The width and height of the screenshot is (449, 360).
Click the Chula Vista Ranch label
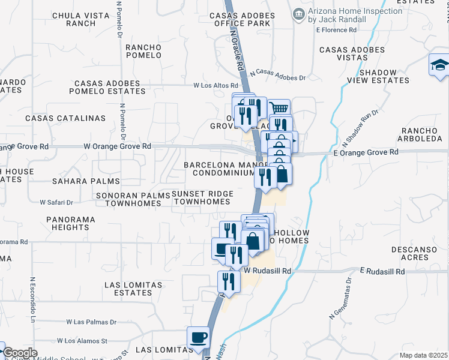coord(74,19)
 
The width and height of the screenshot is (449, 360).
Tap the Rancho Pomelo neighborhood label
coord(143,51)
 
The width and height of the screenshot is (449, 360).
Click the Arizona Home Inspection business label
coord(354,16)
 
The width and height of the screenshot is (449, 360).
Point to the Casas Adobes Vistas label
coord(352,54)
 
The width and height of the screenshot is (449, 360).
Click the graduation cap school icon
coord(439,65)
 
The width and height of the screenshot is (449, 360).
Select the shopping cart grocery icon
coord(279,109)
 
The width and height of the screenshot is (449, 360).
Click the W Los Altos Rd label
coord(217,85)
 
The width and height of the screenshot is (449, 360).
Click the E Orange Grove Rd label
coord(366,152)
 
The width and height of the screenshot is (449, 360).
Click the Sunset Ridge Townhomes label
coord(202,197)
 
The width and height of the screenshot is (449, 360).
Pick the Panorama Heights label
coord(70,223)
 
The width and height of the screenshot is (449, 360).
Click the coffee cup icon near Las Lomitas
coord(197,336)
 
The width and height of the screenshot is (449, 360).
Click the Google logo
coord(20,353)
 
